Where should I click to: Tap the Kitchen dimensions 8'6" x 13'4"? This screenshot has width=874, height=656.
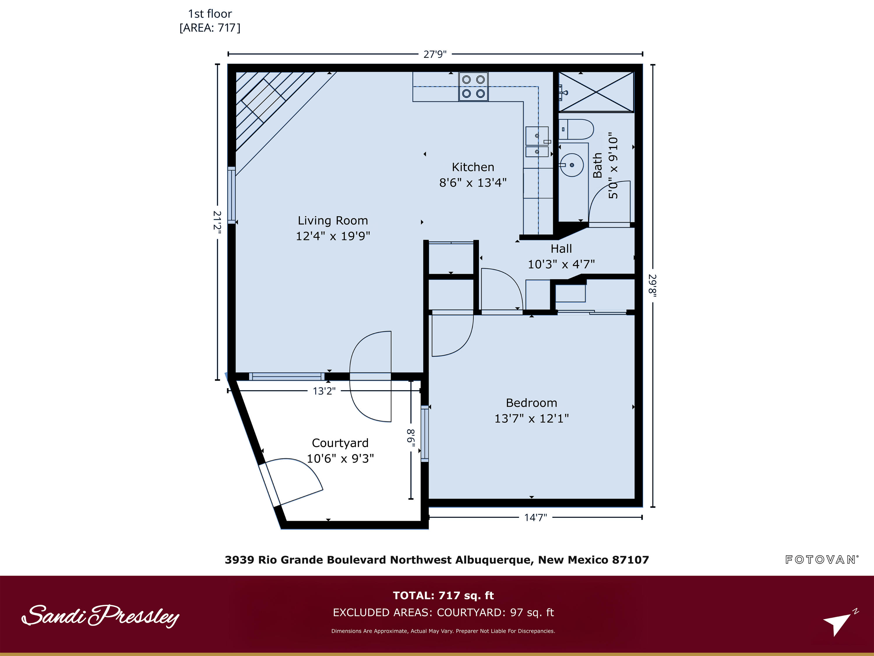click(x=473, y=183)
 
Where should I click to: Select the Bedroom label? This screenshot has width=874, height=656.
click(x=531, y=403)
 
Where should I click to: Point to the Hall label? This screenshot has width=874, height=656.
click(x=561, y=249)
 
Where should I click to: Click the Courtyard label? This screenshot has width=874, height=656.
click(x=340, y=443)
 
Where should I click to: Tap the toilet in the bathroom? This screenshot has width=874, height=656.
click(x=576, y=129)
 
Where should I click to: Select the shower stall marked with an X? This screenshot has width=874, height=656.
click(x=596, y=92)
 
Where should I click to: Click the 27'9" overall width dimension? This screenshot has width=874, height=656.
click(x=435, y=54)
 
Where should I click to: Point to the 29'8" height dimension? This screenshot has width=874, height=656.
click(x=652, y=285)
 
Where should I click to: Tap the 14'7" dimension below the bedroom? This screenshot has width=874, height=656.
click(x=535, y=518)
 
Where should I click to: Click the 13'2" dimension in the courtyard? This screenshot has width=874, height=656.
click(x=324, y=391)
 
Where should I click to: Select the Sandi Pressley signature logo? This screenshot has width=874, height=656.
click(x=100, y=616)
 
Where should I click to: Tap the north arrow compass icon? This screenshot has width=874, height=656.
click(x=840, y=623)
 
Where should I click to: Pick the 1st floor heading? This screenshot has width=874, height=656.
click(x=210, y=14)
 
